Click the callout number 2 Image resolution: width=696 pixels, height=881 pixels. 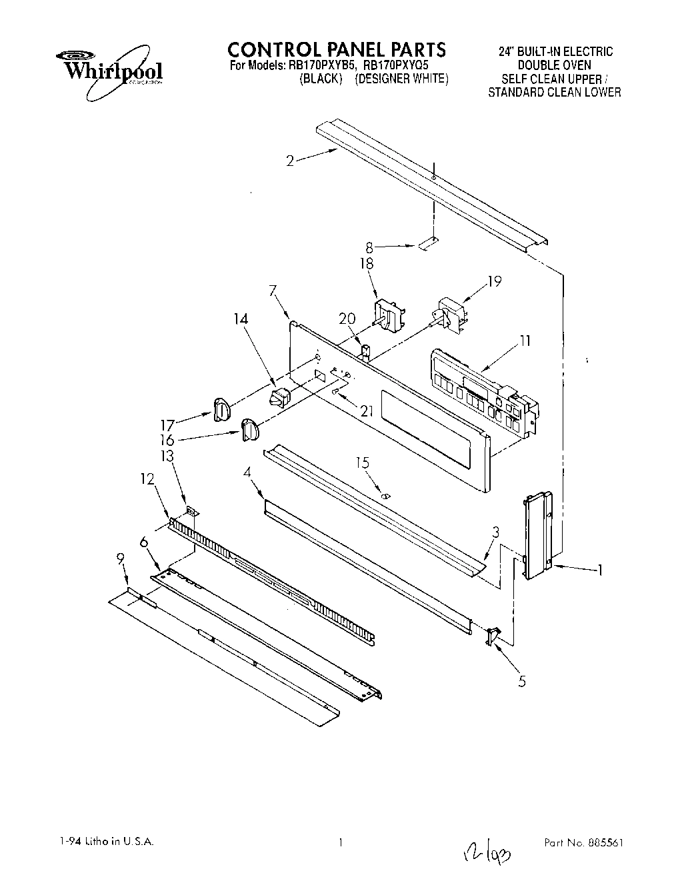pyautogui.click(x=290, y=161)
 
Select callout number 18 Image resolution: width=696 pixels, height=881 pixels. pyautogui.click(x=366, y=264)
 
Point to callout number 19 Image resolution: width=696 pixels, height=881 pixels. pyautogui.click(x=493, y=281)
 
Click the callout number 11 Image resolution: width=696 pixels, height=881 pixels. pyautogui.click(x=526, y=342)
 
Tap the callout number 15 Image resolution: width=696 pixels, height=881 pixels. pyautogui.click(x=363, y=462)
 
